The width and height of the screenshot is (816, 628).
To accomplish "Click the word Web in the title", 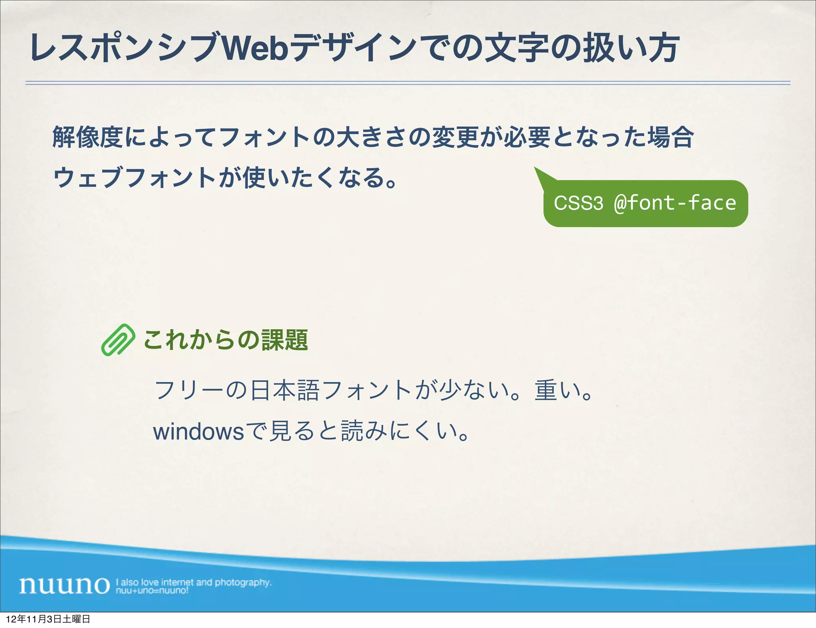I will pyautogui.click(x=255, y=49).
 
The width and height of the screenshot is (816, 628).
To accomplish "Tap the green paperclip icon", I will pyautogui.click(x=118, y=340).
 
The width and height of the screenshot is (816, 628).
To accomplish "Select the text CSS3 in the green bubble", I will pyautogui.click(x=578, y=203).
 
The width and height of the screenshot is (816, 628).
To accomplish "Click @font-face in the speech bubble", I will pyautogui.click(x=675, y=203).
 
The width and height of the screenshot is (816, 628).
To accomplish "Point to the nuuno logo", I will pyautogui.click(x=65, y=585).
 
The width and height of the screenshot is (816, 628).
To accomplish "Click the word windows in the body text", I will pyautogui.click(x=198, y=432).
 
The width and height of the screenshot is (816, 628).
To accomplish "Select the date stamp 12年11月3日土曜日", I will pyautogui.click(x=48, y=619).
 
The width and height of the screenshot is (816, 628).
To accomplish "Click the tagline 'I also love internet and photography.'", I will pyautogui.click(x=194, y=582).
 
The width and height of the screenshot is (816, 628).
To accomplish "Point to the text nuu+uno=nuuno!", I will pyautogui.click(x=152, y=591).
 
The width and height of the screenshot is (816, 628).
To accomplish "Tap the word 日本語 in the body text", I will pyautogui.click(x=284, y=390).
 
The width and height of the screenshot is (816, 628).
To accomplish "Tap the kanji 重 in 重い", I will pyautogui.click(x=545, y=390).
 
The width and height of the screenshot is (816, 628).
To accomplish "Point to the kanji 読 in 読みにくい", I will pyautogui.click(x=352, y=432).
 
